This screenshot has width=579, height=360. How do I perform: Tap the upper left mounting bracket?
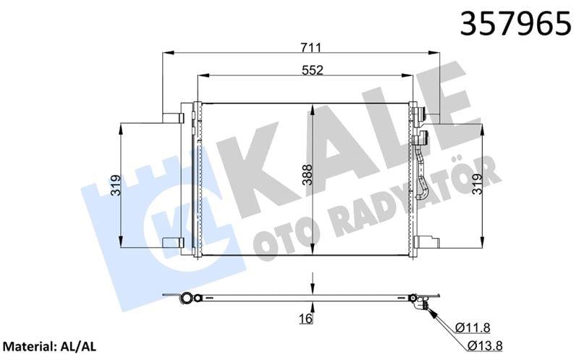pos(172,117)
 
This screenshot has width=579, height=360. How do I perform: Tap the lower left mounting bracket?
pos(172,243)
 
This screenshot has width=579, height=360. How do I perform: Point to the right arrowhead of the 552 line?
pos(410,75)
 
